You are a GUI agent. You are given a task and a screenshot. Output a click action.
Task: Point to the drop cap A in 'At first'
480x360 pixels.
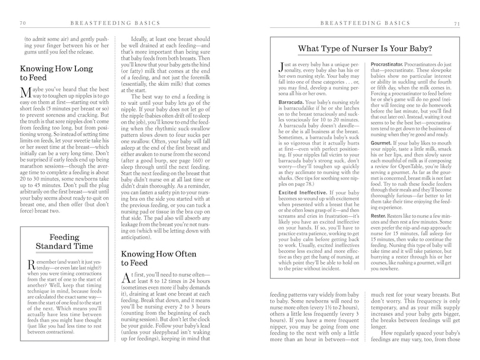tap(143, 278)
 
